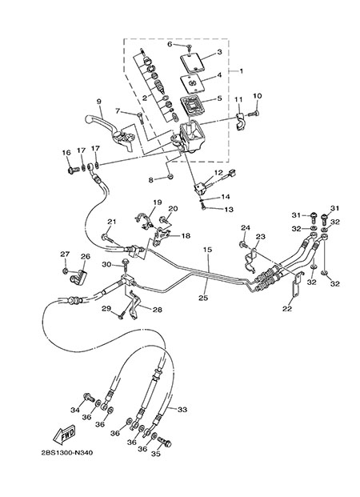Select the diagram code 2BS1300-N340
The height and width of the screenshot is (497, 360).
pyautogui.click(x=67, y=453)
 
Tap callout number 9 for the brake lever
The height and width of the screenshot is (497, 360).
pyautogui.click(x=99, y=102)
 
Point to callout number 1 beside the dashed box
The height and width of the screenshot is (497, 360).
pyautogui.click(x=241, y=71)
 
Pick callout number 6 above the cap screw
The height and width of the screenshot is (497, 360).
pyautogui.click(x=170, y=44)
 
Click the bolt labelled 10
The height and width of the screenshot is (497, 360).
pyautogui.click(x=254, y=113)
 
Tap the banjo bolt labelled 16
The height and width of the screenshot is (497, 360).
pyautogui.click(x=74, y=170)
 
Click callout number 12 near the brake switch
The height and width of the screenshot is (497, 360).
pyautogui.click(x=218, y=173)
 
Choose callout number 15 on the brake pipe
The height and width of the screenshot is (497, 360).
pyautogui.click(x=207, y=250)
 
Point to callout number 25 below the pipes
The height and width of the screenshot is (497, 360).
pyautogui.click(x=203, y=298)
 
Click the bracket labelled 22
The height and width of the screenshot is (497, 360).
pyautogui.click(x=294, y=287)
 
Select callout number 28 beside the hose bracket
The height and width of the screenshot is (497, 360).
pyautogui.click(x=158, y=310)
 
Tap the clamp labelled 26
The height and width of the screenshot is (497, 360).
pyautogui.click(x=78, y=277)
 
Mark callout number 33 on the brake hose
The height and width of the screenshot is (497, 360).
pyautogui.click(x=182, y=409)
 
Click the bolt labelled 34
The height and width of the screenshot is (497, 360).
pyautogui.click(x=89, y=397)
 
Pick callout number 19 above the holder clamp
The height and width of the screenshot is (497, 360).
pyautogui.click(x=158, y=202)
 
